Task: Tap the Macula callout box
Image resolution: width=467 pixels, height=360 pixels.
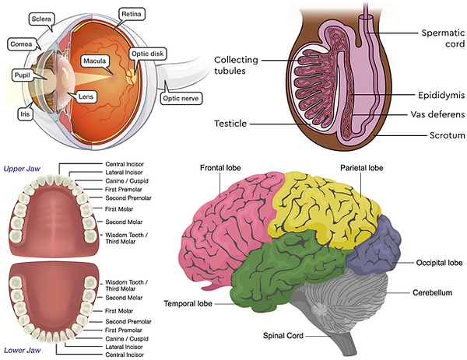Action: [97, 60]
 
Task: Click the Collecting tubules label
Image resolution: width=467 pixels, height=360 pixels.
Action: [238, 65]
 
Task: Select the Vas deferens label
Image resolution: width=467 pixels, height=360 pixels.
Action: [427, 114]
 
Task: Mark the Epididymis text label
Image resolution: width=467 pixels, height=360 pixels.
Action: [424, 96]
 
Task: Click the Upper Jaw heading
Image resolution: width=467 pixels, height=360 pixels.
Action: [23, 169]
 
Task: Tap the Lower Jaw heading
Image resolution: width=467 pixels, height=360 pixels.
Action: [23, 352]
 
